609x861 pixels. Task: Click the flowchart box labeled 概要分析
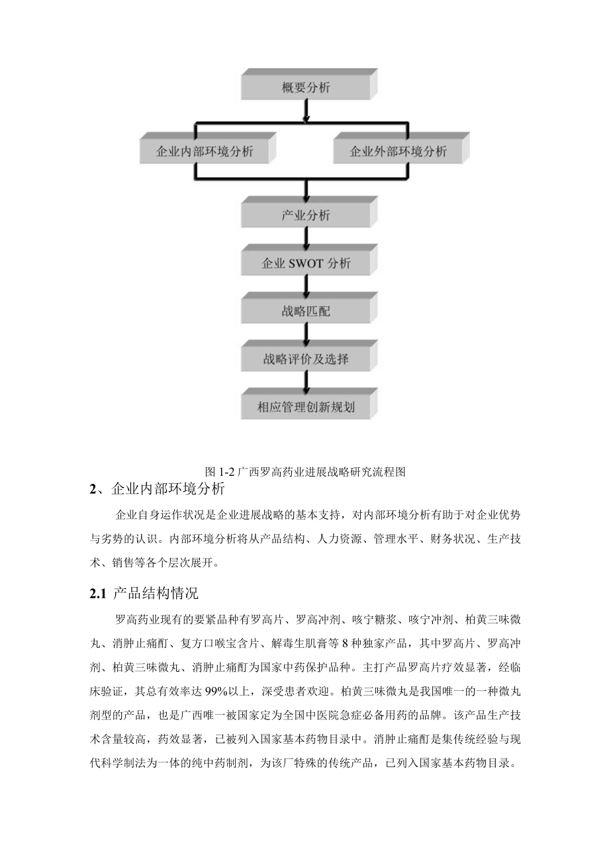tap(306, 87)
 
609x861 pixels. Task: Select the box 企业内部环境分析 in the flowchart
tap(204, 151)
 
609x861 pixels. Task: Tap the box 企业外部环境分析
tap(397, 151)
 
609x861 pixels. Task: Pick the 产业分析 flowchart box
tap(306, 215)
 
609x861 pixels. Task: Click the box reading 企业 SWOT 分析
tap(306, 263)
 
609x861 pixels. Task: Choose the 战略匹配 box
tap(306, 311)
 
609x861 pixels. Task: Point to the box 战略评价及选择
tap(306, 359)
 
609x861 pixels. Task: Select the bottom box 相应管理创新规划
tap(306, 406)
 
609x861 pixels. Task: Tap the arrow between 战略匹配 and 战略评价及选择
tap(306, 334)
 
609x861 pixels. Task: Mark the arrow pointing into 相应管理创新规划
tap(306, 382)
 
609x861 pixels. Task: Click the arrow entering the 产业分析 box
tap(306, 190)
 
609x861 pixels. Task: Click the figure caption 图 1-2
tap(305, 472)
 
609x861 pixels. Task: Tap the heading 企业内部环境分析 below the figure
tap(168, 490)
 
